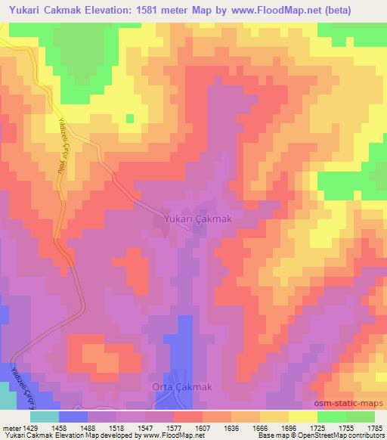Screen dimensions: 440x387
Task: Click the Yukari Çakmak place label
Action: click(x=197, y=219)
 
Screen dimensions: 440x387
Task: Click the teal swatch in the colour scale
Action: click(x=45, y=417)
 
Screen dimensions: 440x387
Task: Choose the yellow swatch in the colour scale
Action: click(x=302, y=417)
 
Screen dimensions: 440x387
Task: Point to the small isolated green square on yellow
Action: click(x=129, y=118)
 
